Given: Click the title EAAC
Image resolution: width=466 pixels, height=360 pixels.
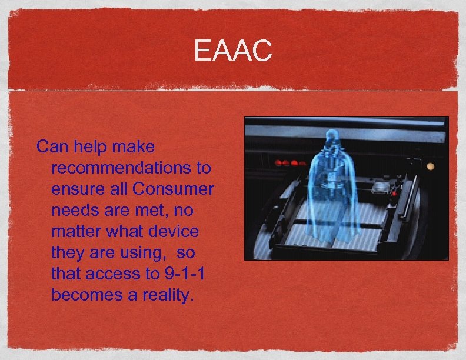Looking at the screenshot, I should coord(233,50).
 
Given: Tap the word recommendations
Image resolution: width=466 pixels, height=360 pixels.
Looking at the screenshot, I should coord(124,168).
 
